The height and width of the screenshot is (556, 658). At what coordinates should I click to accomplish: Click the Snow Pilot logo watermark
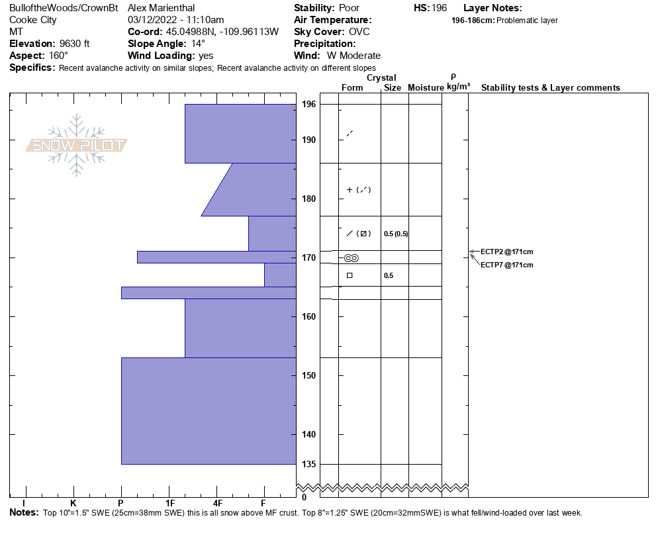(77, 145)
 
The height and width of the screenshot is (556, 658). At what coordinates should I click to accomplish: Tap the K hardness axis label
(73, 504)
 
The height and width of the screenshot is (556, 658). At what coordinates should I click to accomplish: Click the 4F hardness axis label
(216, 504)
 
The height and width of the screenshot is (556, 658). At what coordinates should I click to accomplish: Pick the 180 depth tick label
(308, 199)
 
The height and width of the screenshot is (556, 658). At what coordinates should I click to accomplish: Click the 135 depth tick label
(308, 464)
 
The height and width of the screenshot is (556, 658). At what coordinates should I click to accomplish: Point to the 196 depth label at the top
(308, 105)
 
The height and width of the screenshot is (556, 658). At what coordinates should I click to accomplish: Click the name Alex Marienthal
(161, 8)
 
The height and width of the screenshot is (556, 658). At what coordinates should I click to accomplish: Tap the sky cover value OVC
(359, 32)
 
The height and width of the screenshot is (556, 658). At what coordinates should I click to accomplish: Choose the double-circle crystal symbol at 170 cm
(352, 258)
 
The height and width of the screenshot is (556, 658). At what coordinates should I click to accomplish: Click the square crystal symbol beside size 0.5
(350, 275)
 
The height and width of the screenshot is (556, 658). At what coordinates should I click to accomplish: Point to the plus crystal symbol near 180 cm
(350, 190)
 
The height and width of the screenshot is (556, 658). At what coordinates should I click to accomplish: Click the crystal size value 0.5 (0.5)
(395, 234)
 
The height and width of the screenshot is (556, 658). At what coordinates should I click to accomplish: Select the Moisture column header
(426, 87)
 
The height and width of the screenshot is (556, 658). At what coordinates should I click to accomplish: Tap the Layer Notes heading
(493, 8)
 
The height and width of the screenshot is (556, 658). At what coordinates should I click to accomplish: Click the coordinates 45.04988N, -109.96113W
(222, 32)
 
